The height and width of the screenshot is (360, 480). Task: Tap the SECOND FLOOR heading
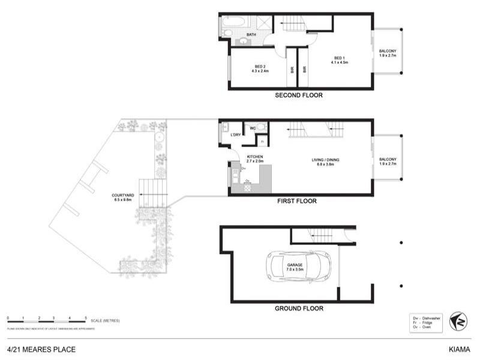point(299,95)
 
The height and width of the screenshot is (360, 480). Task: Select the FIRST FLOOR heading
point(296,202)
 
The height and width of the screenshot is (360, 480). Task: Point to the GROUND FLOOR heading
point(299,308)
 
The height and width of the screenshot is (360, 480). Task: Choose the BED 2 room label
point(260,68)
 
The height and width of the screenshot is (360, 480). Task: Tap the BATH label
point(251,35)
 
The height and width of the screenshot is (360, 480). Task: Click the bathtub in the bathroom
point(232,25)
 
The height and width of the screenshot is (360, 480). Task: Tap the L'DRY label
point(236,135)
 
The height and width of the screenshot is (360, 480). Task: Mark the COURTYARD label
point(122,197)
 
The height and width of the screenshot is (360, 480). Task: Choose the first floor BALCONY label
point(388,161)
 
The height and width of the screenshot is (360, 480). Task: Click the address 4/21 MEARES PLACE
point(41,349)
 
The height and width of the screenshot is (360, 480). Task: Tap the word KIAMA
point(460,349)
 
